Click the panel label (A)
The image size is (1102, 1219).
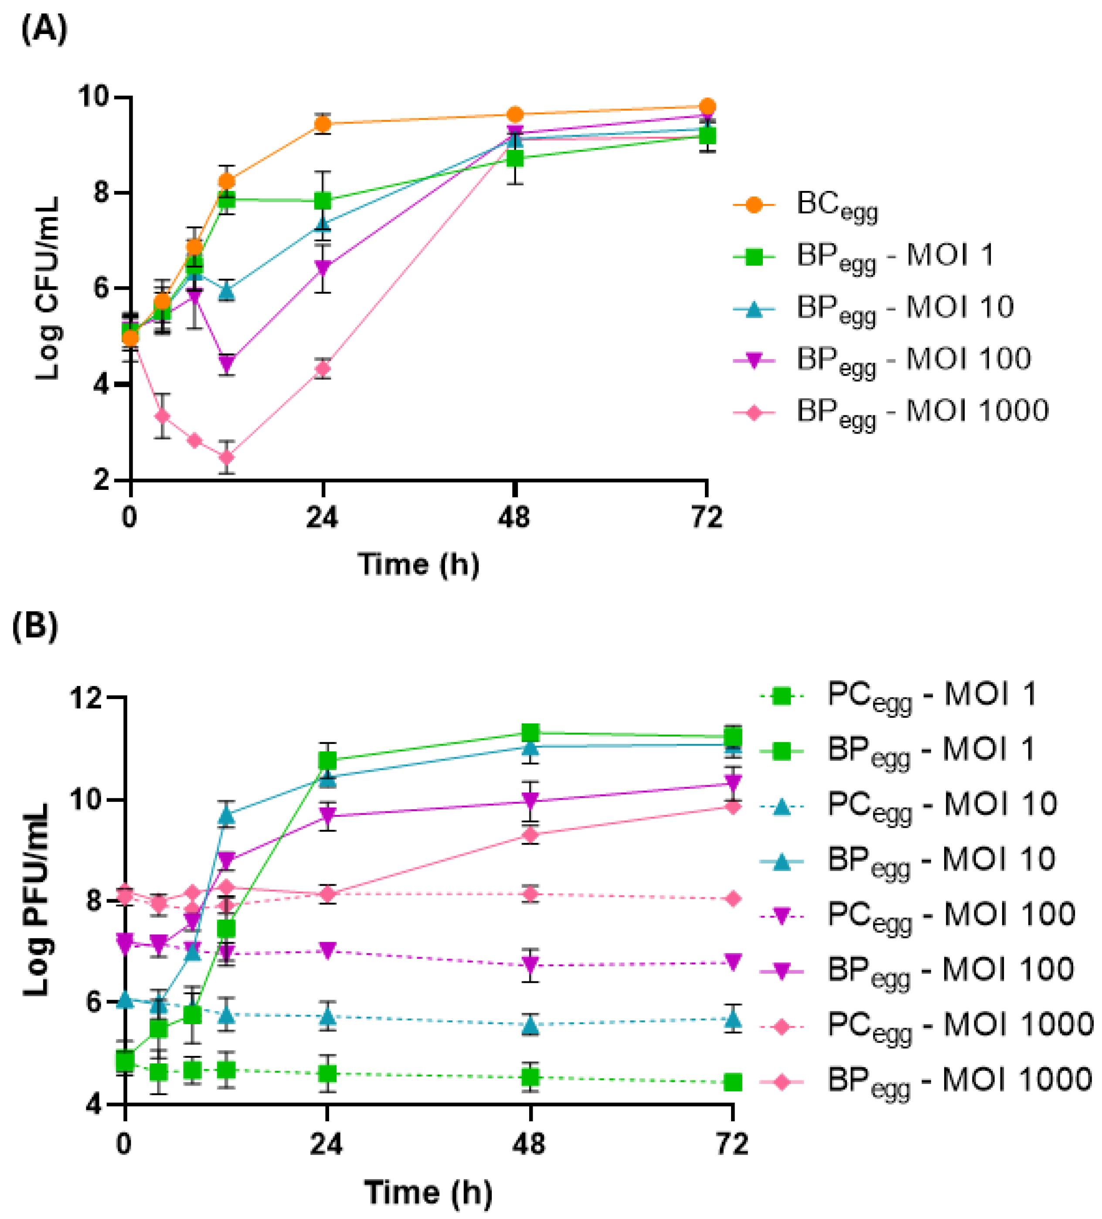point(44,29)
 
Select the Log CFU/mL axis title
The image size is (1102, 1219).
point(47,289)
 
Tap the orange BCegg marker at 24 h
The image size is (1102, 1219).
point(323,124)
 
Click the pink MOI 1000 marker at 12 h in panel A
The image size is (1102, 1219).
point(226,457)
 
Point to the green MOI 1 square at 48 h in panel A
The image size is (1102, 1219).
point(515,158)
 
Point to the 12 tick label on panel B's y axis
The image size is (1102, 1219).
point(88,698)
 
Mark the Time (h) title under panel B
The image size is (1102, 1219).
point(428,1192)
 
